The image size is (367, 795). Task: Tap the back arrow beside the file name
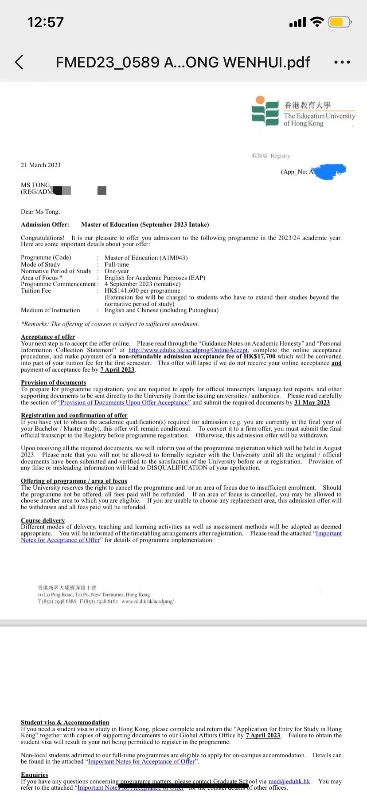pyautogui.click(x=19, y=62)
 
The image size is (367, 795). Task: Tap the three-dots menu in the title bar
pyautogui.click(x=342, y=62)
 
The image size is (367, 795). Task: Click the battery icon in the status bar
pyautogui.click(x=339, y=22)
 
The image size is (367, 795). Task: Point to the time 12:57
pyautogui.click(x=46, y=22)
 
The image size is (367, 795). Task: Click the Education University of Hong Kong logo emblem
pyautogui.click(x=265, y=111)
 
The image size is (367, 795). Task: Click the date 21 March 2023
pyautogui.click(x=41, y=165)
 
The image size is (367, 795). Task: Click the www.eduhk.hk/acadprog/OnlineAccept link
pyautogui.click(x=188, y=350)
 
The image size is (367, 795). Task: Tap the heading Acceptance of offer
pyautogui.click(x=48, y=337)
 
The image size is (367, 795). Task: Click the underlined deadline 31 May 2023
pyautogui.click(x=312, y=402)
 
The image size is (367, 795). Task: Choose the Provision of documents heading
pyautogui.click(x=54, y=382)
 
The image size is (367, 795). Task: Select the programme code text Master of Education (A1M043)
pyautogui.click(x=146, y=258)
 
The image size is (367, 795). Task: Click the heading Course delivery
pyautogui.click(x=43, y=520)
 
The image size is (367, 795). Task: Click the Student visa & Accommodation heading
pyautogui.click(x=65, y=722)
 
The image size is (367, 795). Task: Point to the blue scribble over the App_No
pyautogui.click(x=330, y=171)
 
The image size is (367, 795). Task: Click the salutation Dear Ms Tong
pyautogui.click(x=40, y=212)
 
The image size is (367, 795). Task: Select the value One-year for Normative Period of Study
pyautogui.click(x=117, y=271)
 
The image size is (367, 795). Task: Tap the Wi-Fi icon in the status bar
pyautogui.click(x=317, y=22)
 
